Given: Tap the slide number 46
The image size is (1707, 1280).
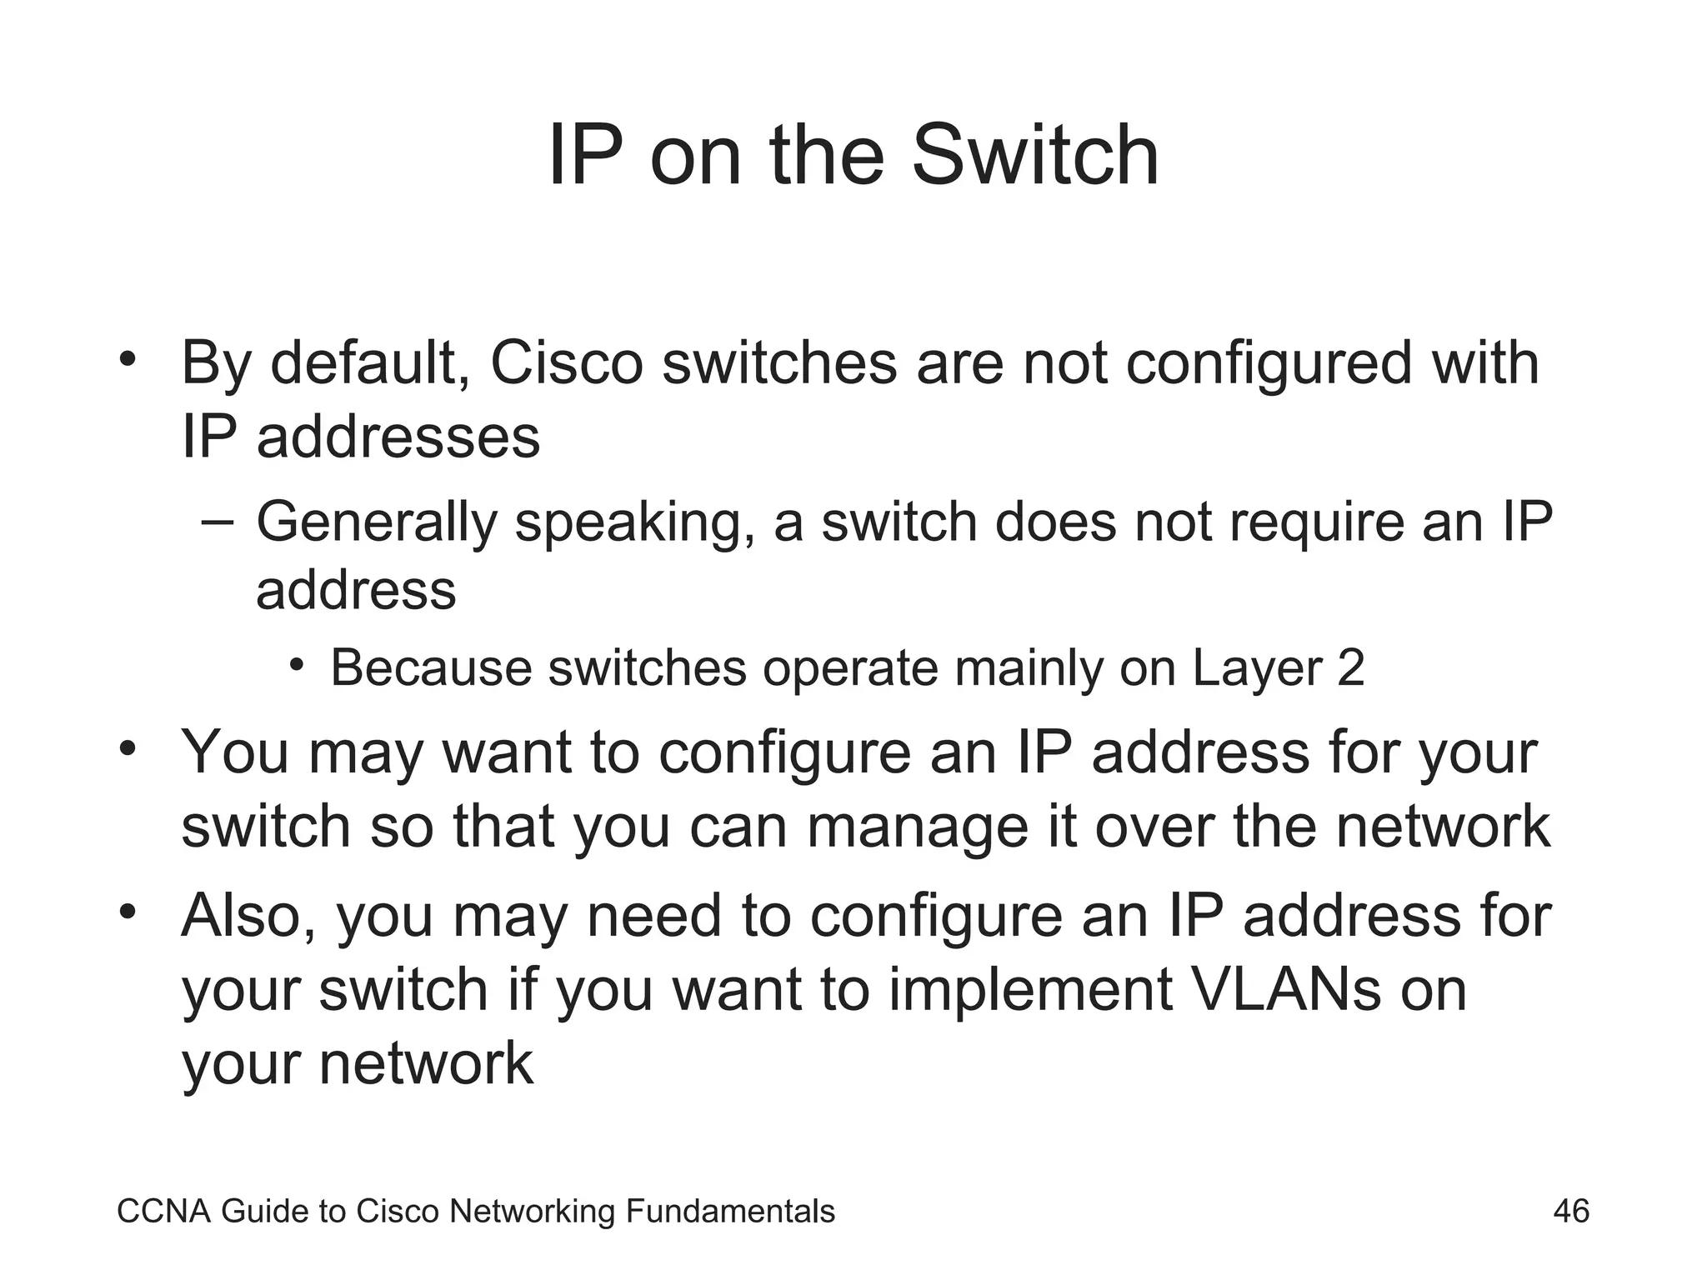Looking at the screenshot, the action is (1571, 1211).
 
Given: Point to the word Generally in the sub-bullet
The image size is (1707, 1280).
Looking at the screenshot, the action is (376, 522).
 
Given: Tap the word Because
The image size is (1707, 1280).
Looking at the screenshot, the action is (430, 668).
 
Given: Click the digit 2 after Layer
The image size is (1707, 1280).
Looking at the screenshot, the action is (1350, 668).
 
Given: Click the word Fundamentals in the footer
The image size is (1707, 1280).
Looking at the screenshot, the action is (730, 1211).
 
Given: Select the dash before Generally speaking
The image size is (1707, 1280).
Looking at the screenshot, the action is (219, 522).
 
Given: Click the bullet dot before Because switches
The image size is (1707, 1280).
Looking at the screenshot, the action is (297, 666).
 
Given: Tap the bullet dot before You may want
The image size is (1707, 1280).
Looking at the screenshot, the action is (127, 748).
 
